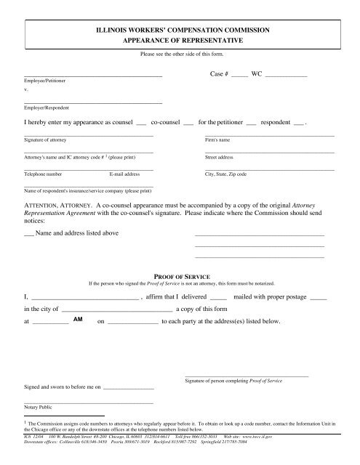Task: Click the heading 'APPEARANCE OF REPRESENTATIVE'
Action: (x=179, y=41)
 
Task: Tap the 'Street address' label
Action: (x=220, y=157)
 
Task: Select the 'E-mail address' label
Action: (x=124, y=175)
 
